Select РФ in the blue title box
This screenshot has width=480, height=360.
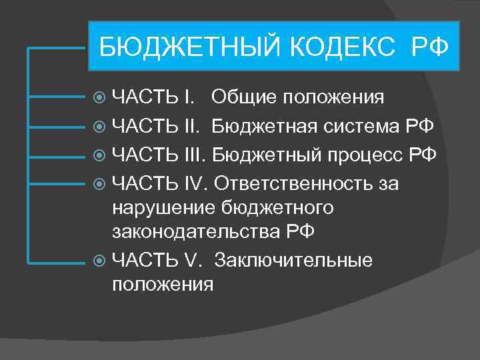click(x=431, y=48)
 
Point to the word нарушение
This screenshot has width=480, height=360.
click(x=163, y=209)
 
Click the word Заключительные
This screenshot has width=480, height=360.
click(x=294, y=259)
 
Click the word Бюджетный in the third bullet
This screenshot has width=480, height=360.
click(x=263, y=155)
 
